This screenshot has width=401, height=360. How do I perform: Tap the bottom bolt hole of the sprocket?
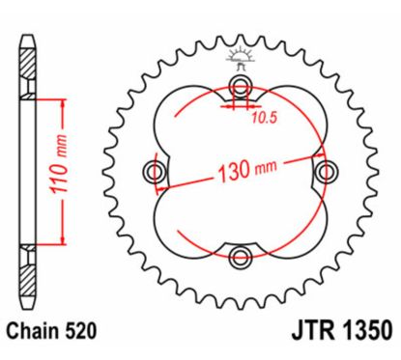(240, 256)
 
